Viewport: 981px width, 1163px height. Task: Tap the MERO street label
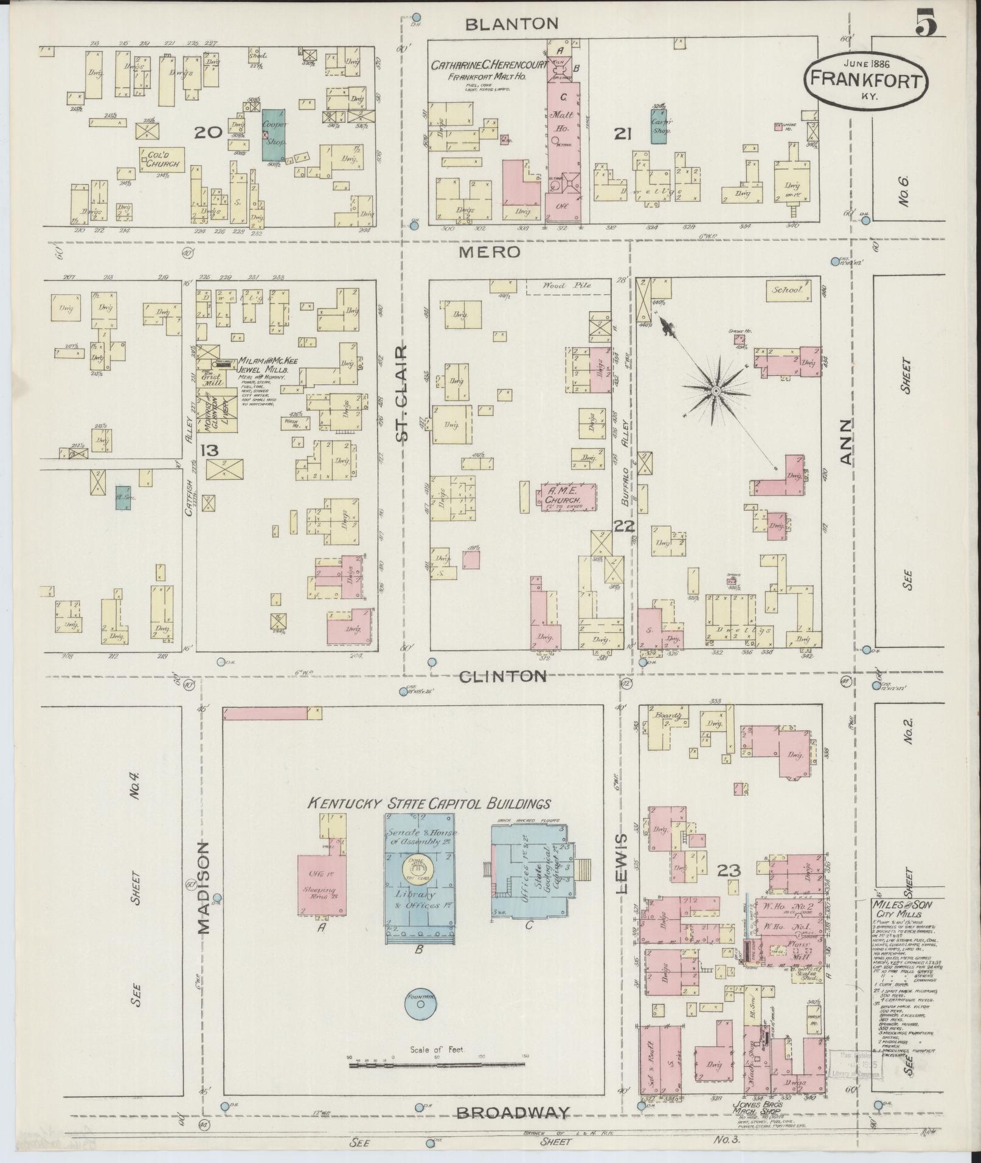pyautogui.click(x=490, y=252)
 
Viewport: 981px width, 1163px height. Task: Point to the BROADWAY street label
pyautogui.click(x=513, y=1113)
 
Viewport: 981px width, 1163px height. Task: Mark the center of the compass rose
pyautogui.click(x=716, y=390)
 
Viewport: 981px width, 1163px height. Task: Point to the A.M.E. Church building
pyautogui.click(x=566, y=495)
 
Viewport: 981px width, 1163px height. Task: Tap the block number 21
pyautogui.click(x=622, y=133)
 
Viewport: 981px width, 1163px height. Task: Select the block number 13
pyautogui.click(x=210, y=450)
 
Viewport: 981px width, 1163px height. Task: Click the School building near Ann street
pyautogui.click(x=789, y=291)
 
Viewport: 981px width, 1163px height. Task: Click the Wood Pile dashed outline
pyautogui.click(x=568, y=287)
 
